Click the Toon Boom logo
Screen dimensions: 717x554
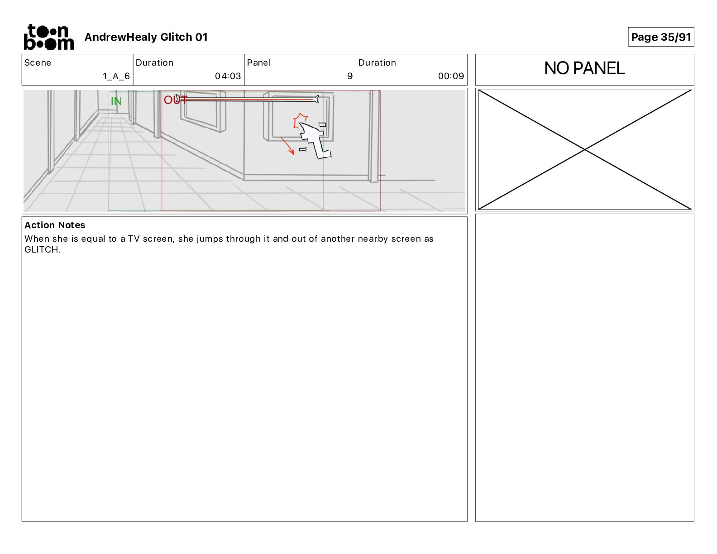[x=49, y=37]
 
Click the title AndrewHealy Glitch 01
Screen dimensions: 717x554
[x=146, y=37]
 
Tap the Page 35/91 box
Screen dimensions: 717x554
[x=660, y=37]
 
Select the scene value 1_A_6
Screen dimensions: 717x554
[x=116, y=76]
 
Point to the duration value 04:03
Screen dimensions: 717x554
[x=228, y=76]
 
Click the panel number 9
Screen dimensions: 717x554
[x=350, y=76]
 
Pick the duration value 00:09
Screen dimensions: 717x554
[x=451, y=76]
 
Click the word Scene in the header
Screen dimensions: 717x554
[x=38, y=63]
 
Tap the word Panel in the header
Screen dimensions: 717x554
[x=259, y=63]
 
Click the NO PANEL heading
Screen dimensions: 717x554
[x=584, y=68]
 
